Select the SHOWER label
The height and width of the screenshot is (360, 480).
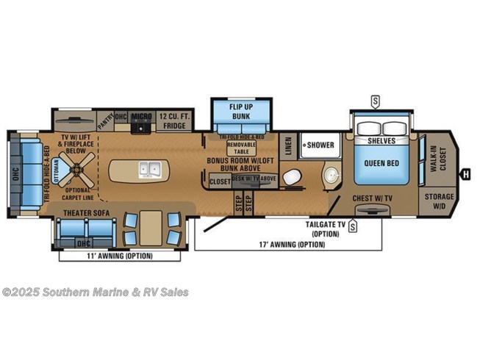[321, 145]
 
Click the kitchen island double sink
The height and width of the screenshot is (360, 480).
[149, 171]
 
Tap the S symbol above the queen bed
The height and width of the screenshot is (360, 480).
[376, 100]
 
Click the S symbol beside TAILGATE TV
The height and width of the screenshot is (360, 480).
[354, 227]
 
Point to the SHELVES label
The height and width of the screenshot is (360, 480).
[382, 140]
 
